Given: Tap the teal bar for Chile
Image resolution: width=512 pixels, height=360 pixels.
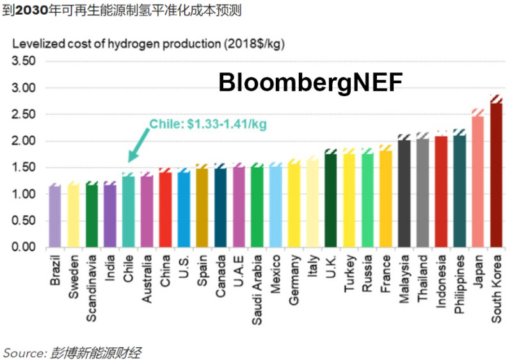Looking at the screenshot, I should [x=129, y=211].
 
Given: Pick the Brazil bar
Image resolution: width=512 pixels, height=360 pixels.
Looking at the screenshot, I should [x=55, y=217].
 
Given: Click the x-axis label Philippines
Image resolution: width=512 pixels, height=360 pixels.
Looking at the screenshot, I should [x=460, y=285].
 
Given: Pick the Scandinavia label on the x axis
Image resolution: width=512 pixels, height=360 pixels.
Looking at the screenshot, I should [x=92, y=288].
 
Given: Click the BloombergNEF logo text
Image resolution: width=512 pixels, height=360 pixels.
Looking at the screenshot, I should [x=310, y=83].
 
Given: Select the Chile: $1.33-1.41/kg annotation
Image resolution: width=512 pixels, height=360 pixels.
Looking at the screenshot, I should [x=207, y=124].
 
